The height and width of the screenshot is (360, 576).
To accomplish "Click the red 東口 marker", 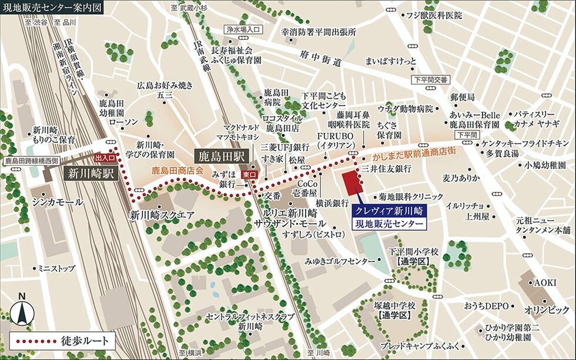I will pos(249,174).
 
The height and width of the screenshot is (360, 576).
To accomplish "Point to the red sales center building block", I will pos(352,183).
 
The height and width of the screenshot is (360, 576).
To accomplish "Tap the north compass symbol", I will pos(22,309).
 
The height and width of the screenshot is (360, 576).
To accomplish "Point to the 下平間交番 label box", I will pos(430,79).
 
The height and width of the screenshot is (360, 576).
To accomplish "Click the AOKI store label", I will pos(544,282).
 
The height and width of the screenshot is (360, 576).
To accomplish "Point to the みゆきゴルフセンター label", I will pos(340,260).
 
